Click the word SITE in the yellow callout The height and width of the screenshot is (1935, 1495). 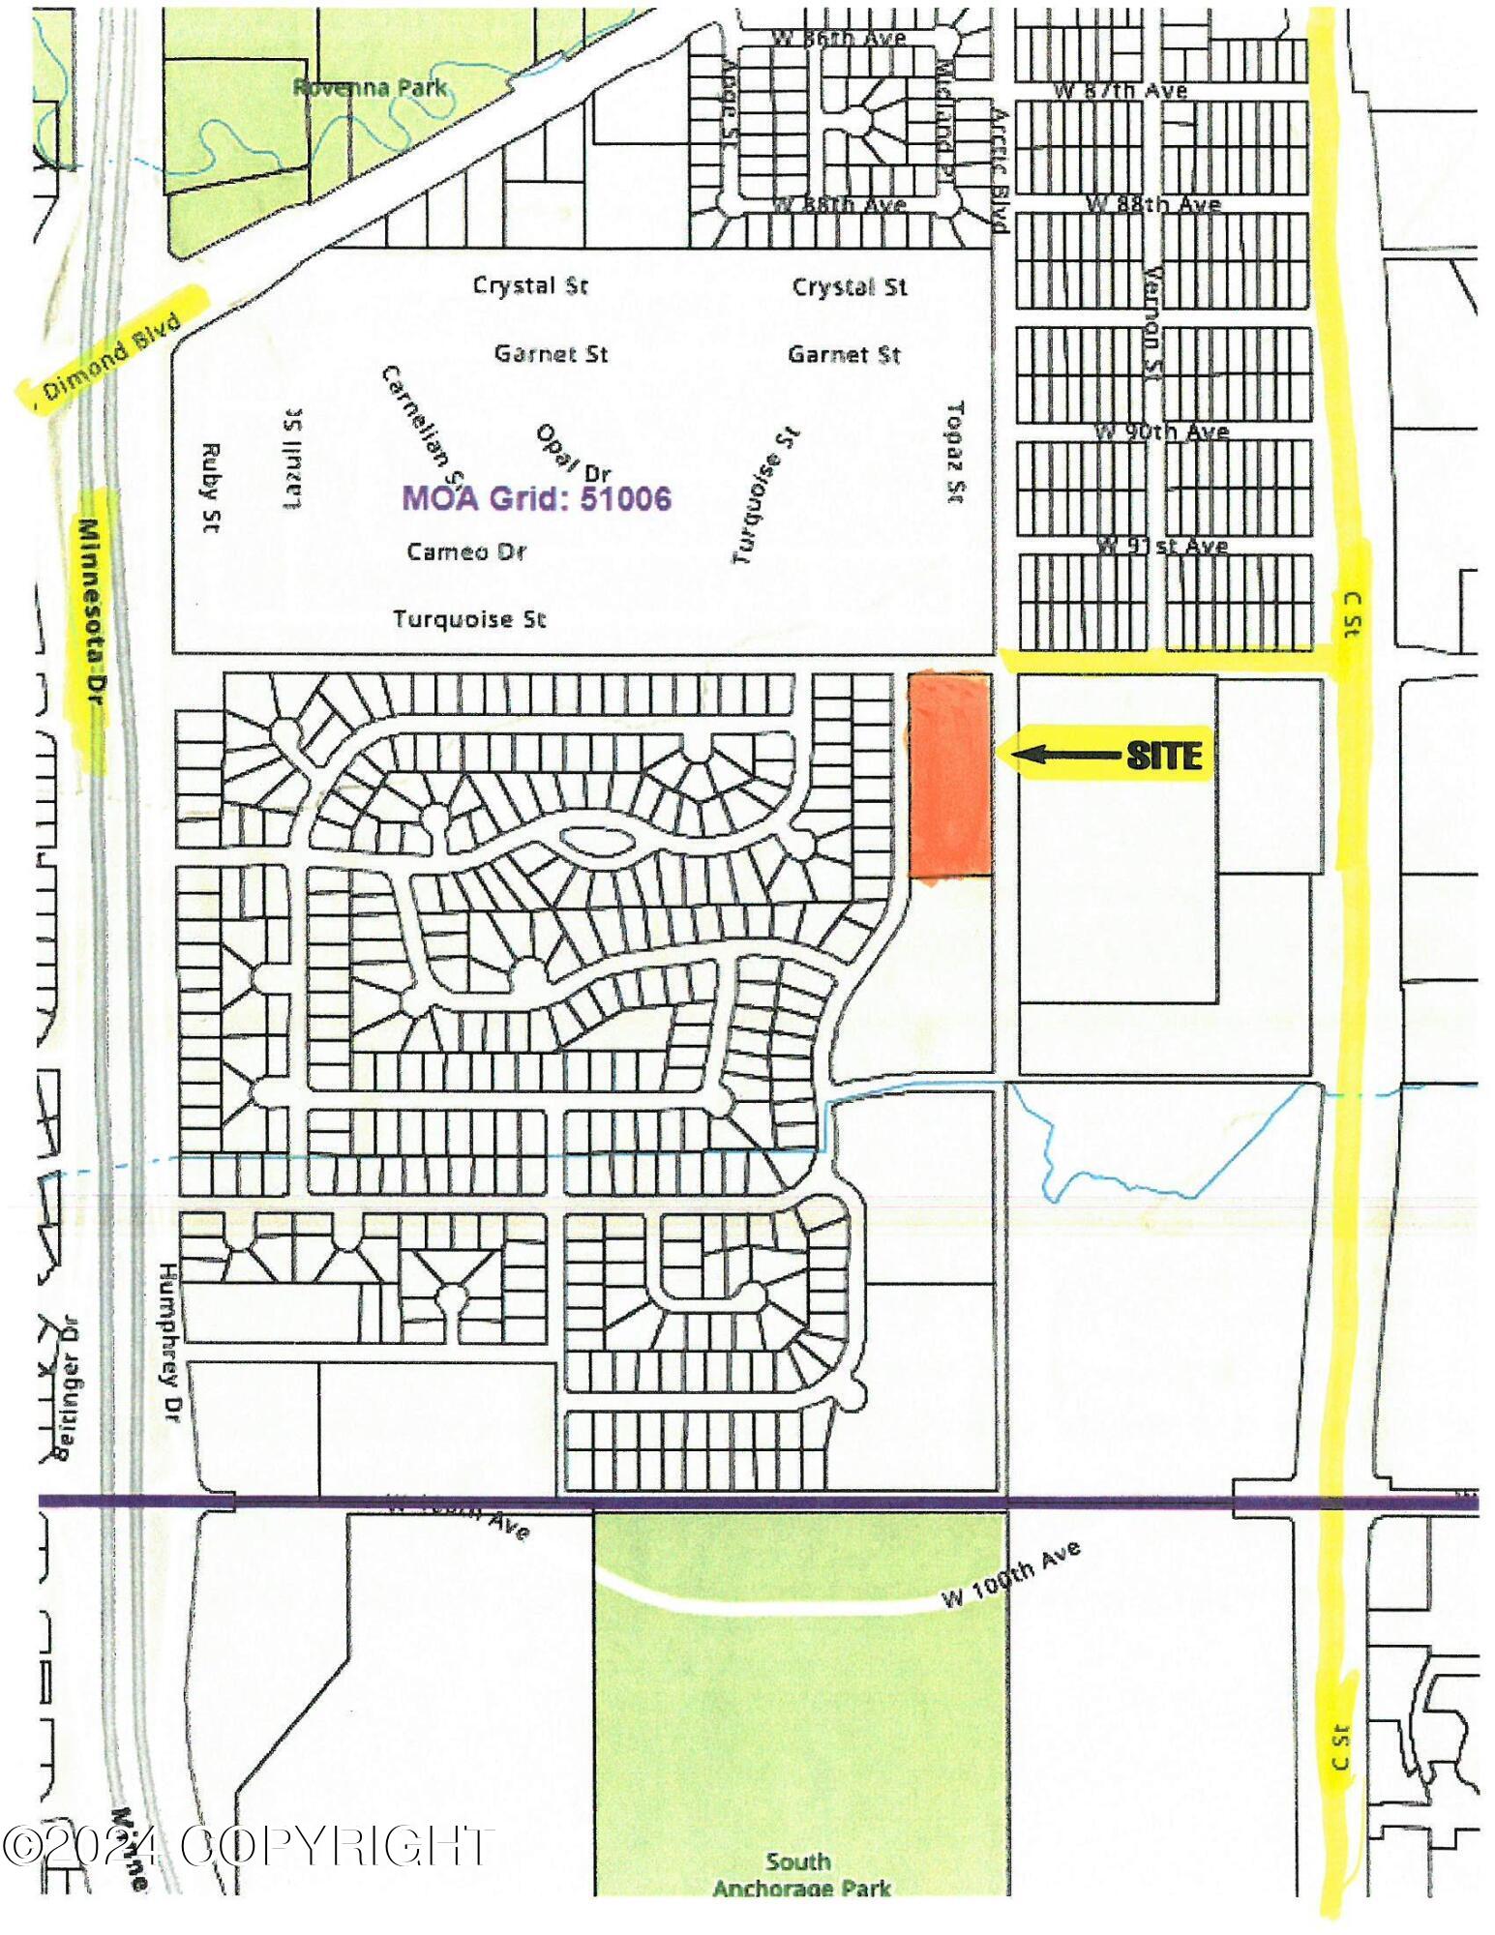click(x=1164, y=754)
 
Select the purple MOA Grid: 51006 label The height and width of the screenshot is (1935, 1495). click(x=536, y=497)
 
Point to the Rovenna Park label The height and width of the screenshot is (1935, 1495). click(x=370, y=87)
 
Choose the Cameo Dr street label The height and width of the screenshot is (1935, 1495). click(x=465, y=551)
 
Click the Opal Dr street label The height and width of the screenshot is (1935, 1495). click(x=573, y=453)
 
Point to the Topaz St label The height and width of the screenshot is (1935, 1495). click(x=956, y=452)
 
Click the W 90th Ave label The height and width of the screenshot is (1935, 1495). click(x=1161, y=431)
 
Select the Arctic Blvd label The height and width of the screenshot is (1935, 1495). click(x=999, y=168)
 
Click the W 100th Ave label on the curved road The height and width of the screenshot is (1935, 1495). click(x=1011, y=1579)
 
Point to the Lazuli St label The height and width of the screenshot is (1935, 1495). click(x=291, y=458)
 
